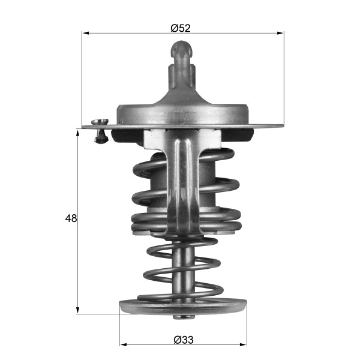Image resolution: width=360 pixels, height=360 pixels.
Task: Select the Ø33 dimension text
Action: (x=183, y=340)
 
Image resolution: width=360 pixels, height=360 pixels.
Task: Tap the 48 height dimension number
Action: (x=71, y=218)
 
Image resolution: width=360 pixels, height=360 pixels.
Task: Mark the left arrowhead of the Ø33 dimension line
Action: (x=124, y=345)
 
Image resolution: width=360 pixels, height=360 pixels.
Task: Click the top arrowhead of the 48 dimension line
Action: (x=78, y=131)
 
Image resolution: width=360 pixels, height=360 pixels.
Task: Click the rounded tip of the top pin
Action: (x=182, y=47)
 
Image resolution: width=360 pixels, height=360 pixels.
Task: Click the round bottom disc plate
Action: (x=183, y=306)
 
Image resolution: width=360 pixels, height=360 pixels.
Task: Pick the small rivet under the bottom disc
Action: (x=183, y=317)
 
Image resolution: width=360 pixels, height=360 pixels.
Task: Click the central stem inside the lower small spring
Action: (x=183, y=264)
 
